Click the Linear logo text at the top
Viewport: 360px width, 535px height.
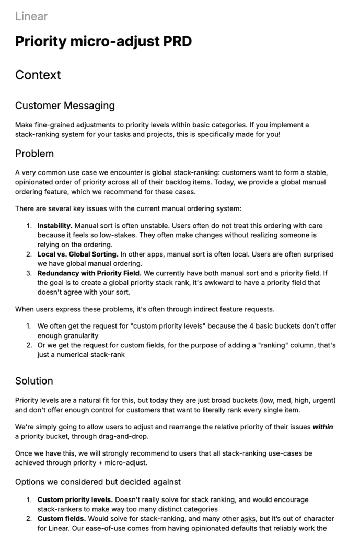[31, 16]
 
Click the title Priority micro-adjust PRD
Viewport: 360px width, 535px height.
[103, 41]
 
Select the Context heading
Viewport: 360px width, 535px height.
[38, 75]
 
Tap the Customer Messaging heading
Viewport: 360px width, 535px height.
[65, 106]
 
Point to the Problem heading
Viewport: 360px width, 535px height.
[34, 154]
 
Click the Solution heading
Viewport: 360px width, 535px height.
[34, 380]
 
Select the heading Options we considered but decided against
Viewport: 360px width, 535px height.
[98, 481]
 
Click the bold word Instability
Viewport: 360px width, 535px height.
[55, 226]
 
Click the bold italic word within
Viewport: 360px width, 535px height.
[322, 427]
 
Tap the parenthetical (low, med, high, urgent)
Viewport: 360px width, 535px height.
[280, 400]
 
